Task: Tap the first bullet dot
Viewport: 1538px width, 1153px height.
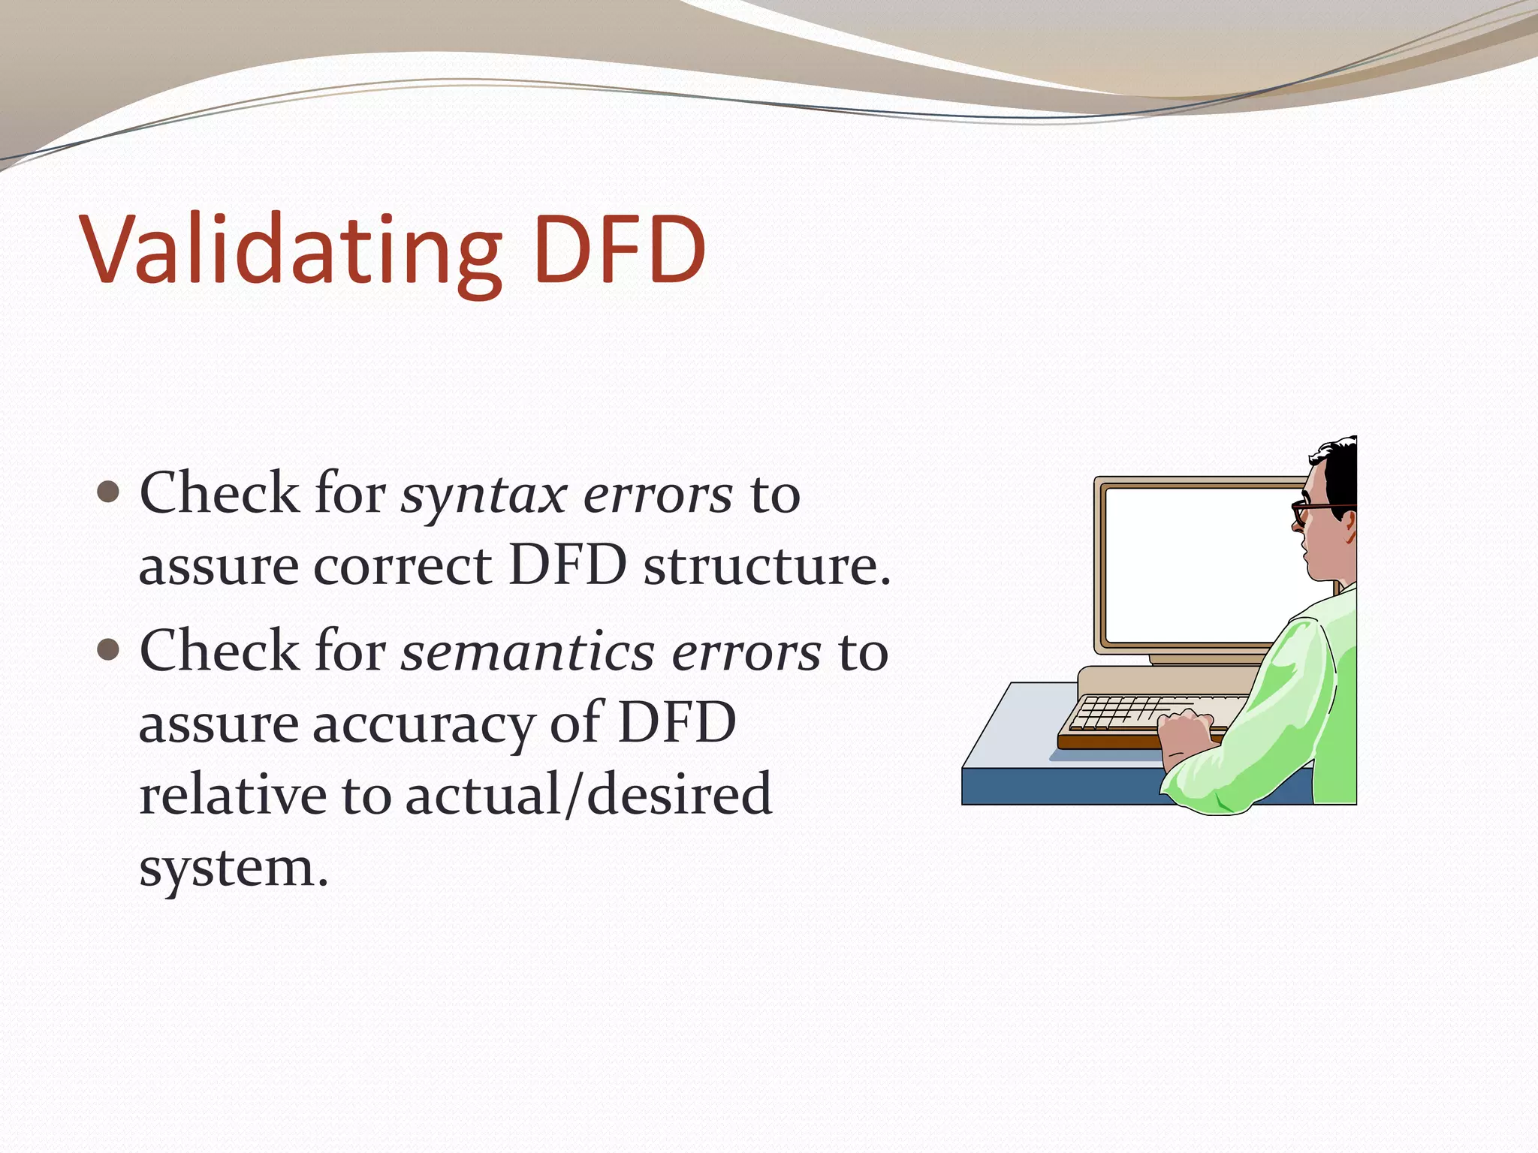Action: [x=109, y=492]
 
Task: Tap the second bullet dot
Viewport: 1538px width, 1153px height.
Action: [x=109, y=649]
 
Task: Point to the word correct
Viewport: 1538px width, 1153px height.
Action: [x=402, y=567]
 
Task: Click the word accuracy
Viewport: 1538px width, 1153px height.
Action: [x=422, y=725]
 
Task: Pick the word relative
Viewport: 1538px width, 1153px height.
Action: [x=231, y=794]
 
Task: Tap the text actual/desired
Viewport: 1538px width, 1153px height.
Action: [x=588, y=794]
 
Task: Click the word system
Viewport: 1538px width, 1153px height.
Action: [x=233, y=869]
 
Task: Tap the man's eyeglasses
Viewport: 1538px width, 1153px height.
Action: [x=1310, y=512]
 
